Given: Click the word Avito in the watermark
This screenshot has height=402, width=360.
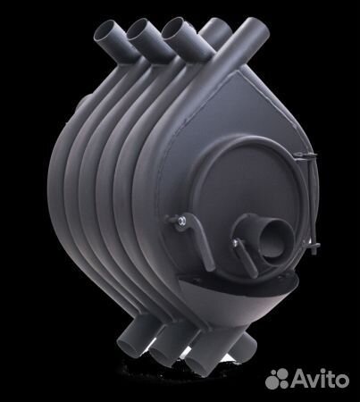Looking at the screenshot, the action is click(x=320, y=379).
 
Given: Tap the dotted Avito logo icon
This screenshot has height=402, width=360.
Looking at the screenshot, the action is click(x=277, y=379).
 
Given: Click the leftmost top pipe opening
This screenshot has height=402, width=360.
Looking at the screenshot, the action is click(x=105, y=30).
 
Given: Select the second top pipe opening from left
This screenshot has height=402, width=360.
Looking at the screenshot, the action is click(x=139, y=29).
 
